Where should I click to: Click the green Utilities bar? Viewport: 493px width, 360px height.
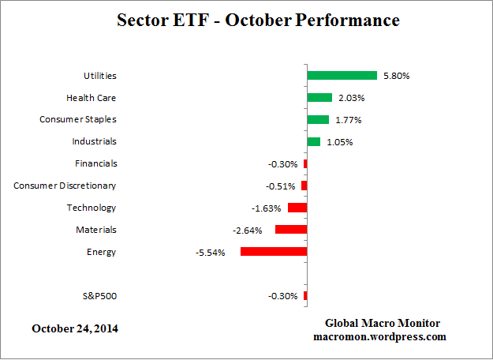click(342, 76)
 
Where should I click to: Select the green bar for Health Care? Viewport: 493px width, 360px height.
click(319, 98)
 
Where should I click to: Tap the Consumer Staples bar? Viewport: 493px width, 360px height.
click(318, 120)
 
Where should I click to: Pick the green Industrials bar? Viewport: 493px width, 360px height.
click(313, 142)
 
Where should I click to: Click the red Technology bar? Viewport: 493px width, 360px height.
click(297, 208)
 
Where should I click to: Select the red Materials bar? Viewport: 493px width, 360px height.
click(291, 230)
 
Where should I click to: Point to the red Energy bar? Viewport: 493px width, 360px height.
click(274, 252)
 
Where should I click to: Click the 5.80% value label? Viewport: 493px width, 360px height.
click(397, 76)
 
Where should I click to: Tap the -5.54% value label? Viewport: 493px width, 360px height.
click(211, 253)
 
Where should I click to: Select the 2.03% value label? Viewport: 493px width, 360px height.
click(351, 98)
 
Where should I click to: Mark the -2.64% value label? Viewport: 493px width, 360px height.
click(246, 231)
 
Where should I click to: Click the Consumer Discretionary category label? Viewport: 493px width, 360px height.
click(65, 186)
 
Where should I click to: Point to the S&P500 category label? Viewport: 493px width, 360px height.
click(99, 296)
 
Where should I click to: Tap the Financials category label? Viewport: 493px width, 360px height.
click(94, 163)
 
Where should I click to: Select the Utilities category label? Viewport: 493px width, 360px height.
click(100, 76)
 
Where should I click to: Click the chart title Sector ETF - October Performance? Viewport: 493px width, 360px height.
click(247, 20)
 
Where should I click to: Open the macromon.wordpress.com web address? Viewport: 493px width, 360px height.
click(382, 336)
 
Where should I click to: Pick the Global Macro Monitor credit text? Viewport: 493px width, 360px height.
click(383, 324)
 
